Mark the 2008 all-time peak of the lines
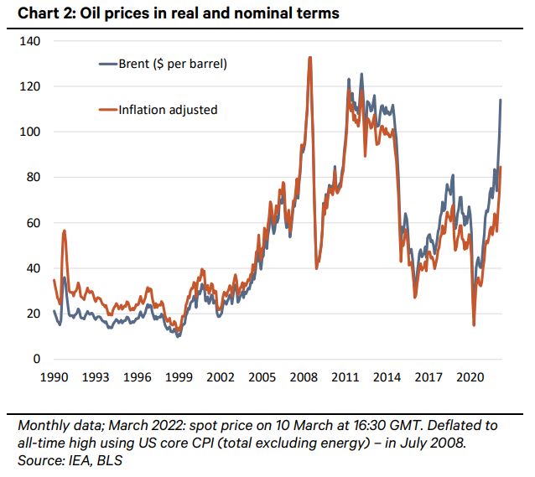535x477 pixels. (310, 58)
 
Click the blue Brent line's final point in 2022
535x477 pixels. (501, 100)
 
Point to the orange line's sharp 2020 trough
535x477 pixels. (475, 325)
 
